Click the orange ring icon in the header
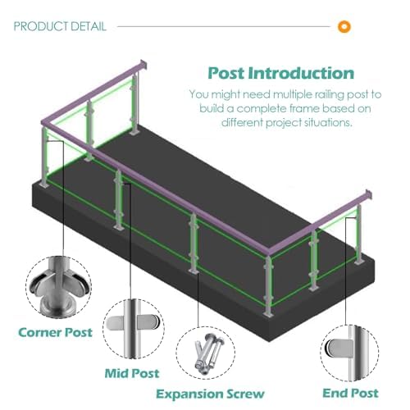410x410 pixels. [344, 26]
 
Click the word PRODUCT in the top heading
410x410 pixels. [39, 26]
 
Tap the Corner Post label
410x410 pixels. [55, 332]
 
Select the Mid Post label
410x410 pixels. [132, 373]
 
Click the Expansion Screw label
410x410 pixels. [210, 394]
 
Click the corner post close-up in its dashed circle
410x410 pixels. [58, 287]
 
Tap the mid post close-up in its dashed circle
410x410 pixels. [134, 329]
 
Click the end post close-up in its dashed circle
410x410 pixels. [349, 353]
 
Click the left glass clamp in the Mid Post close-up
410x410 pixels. [116, 322]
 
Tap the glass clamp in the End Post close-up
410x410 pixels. [339, 348]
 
